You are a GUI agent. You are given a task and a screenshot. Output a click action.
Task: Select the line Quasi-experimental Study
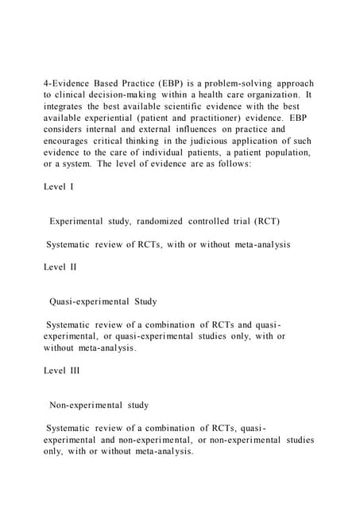coord(103,301)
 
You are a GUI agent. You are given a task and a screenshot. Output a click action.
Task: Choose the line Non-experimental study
coord(99,405)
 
